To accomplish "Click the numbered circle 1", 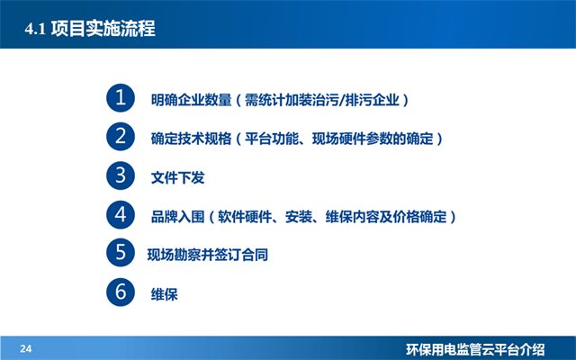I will [x=119, y=98].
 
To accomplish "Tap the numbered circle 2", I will [x=119, y=138].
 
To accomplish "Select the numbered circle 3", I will [x=119, y=176].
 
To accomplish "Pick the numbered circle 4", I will [x=119, y=216].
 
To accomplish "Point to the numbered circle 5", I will [x=119, y=255].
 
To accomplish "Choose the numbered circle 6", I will [x=119, y=293].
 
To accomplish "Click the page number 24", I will [x=26, y=348].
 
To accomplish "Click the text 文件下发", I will [x=178, y=178].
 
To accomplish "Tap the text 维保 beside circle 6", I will [x=165, y=294].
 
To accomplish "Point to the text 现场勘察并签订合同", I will [x=208, y=256].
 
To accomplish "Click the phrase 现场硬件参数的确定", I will [x=373, y=139].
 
